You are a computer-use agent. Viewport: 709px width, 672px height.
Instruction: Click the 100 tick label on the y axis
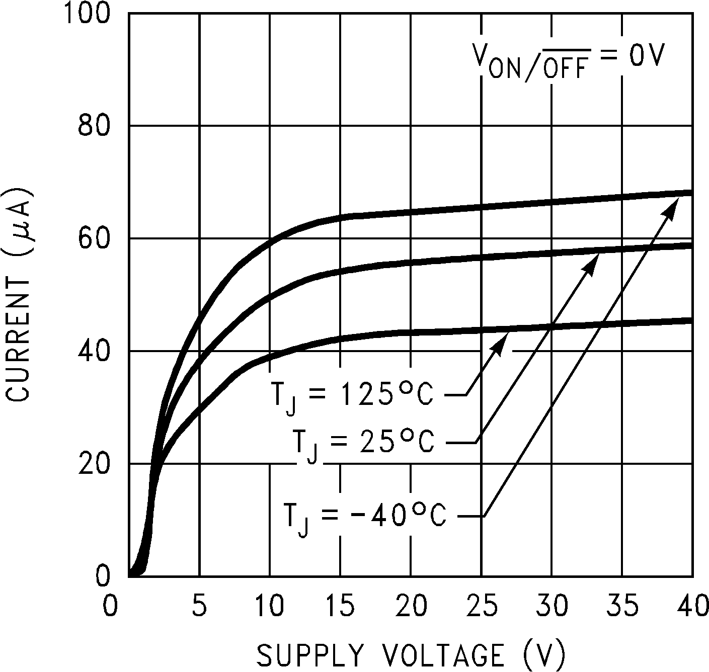click(x=86, y=14)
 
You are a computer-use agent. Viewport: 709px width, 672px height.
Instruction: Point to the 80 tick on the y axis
click(x=94, y=126)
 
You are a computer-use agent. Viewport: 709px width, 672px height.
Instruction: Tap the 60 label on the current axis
click(x=94, y=238)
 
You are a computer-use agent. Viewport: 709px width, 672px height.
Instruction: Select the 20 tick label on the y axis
click(x=94, y=464)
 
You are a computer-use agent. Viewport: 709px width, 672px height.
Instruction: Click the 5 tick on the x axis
click(x=200, y=607)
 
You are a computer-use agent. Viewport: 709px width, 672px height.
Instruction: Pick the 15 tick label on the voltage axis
click(x=340, y=607)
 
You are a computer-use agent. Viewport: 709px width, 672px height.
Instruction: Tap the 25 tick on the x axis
click(x=482, y=607)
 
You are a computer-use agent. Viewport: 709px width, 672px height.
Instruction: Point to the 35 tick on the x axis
click(x=622, y=607)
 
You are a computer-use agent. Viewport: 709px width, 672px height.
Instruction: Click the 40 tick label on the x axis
click(x=692, y=607)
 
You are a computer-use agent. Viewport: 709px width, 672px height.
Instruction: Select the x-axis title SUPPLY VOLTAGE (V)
click(x=412, y=655)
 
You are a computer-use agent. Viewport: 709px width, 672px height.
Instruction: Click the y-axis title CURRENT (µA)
click(x=19, y=295)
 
